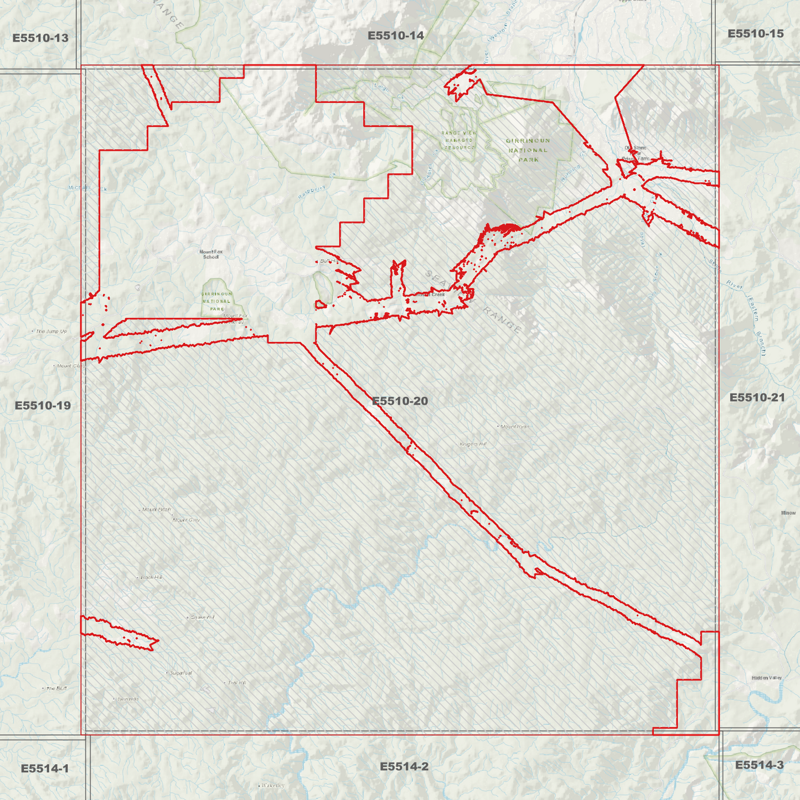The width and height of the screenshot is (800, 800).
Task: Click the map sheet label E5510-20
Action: (400, 401)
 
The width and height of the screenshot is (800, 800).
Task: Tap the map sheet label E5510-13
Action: (40, 38)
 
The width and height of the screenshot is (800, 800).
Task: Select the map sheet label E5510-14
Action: (396, 35)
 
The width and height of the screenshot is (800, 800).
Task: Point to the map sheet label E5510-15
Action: (756, 33)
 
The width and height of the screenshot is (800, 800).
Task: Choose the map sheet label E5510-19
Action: (43, 405)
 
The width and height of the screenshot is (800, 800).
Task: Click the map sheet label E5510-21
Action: (757, 397)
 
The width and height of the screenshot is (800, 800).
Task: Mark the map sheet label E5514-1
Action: (45, 768)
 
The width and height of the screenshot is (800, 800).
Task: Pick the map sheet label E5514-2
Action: (404, 766)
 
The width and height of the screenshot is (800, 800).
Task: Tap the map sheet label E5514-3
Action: (759, 765)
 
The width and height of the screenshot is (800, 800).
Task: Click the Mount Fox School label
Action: (211, 254)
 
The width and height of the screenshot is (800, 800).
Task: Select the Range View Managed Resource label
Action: (459, 140)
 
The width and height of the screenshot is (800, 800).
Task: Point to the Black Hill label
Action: (151, 577)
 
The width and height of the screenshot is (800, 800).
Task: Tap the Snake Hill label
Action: (202, 617)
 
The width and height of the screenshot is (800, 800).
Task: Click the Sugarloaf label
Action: (180, 673)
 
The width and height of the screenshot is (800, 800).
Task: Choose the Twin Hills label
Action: (128, 699)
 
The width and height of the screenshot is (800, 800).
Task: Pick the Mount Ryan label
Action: (515, 426)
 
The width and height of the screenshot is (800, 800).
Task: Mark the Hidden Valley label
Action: (767, 678)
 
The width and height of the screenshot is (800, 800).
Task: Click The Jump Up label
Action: (51, 331)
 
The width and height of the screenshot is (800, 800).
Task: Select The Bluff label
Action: (56, 688)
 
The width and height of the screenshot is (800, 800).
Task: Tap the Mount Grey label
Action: (186, 520)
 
